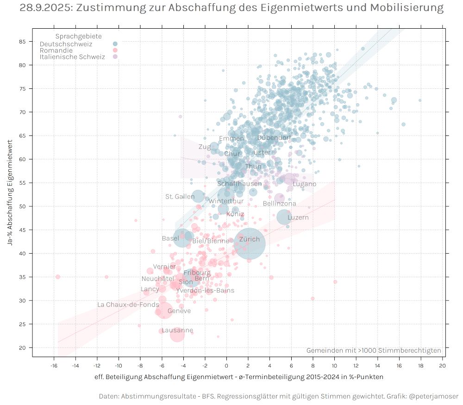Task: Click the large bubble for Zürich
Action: pos(250,244)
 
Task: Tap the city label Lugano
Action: pos(304,184)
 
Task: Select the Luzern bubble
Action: pos(284,217)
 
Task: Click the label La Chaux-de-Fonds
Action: pos(128,305)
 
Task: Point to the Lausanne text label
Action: pos(177,330)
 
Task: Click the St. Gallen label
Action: pos(180,197)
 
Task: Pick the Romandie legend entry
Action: pos(56,50)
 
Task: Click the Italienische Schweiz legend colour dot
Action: pos(115,56)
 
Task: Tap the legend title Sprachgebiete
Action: pos(79,37)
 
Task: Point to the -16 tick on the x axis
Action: pos(54,365)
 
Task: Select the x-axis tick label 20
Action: pos(442,365)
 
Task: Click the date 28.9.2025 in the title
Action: pos(45,8)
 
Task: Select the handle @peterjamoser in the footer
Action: pos(433,397)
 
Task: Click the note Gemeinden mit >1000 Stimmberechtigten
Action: pos(374,350)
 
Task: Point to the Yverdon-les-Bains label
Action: pos(205,291)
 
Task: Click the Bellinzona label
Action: pos(279,204)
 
